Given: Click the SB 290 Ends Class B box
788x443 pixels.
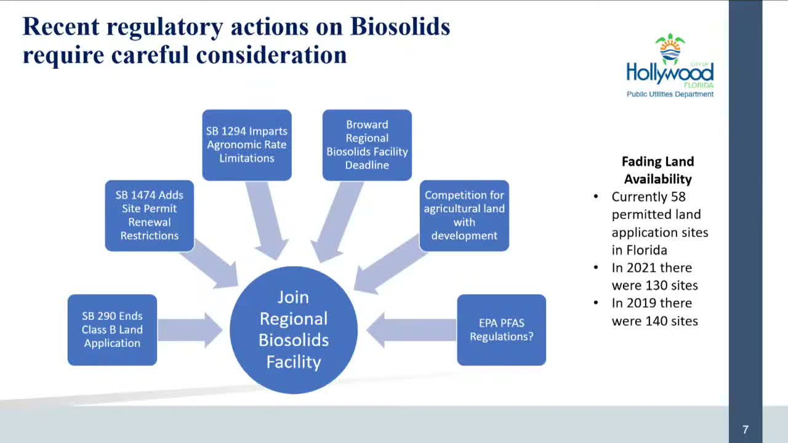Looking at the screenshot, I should pyautogui.click(x=112, y=330).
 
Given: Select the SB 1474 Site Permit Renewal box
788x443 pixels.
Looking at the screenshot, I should pyautogui.click(x=150, y=215).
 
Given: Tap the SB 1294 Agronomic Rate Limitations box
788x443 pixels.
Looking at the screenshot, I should pyautogui.click(x=247, y=145).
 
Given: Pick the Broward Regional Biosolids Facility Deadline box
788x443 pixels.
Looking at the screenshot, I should pyautogui.click(x=367, y=145).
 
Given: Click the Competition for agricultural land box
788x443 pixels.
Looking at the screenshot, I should pyautogui.click(x=464, y=215).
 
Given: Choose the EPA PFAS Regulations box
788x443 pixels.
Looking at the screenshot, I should pyautogui.click(x=501, y=330).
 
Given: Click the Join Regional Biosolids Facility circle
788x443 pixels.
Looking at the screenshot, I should pyautogui.click(x=294, y=330).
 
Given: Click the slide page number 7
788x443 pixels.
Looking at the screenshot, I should pyautogui.click(x=746, y=429).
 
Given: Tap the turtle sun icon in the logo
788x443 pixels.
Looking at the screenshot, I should pyautogui.click(x=670, y=48).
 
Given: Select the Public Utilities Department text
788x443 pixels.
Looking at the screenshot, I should pyautogui.click(x=670, y=94).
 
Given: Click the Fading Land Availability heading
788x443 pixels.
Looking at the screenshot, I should pyautogui.click(x=657, y=170).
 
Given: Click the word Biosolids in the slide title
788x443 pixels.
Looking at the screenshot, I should pyautogui.click(x=400, y=27).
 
